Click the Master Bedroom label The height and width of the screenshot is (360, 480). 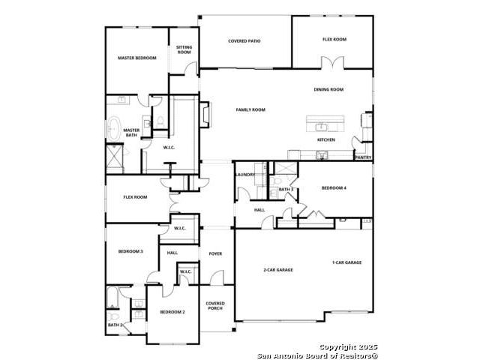point(137,58)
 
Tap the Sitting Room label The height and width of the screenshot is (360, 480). point(184,49)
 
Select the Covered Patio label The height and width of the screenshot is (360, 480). point(244,41)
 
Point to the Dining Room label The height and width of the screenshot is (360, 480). point(328,89)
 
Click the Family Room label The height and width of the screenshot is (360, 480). point(250,109)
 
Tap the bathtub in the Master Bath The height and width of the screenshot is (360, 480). point(113,128)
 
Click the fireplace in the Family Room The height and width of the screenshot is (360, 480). point(204,115)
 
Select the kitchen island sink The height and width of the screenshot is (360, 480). point(322,127)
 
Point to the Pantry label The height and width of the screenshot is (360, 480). point(363,157)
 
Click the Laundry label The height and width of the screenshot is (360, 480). point(245,175)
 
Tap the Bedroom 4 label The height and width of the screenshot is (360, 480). point(334,188)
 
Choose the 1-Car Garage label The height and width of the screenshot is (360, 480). point(346,262)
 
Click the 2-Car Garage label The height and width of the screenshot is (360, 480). point(278,270)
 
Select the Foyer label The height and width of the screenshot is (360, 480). point(215,253)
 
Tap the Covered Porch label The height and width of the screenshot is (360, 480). point(215,306)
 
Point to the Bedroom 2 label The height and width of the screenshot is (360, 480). point(172,312)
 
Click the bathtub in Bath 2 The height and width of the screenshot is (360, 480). point(112,297)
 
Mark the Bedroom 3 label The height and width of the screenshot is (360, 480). point(130,252)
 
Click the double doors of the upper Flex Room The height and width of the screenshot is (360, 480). point(332,62)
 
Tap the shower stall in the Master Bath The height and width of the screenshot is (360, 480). point(115,159)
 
